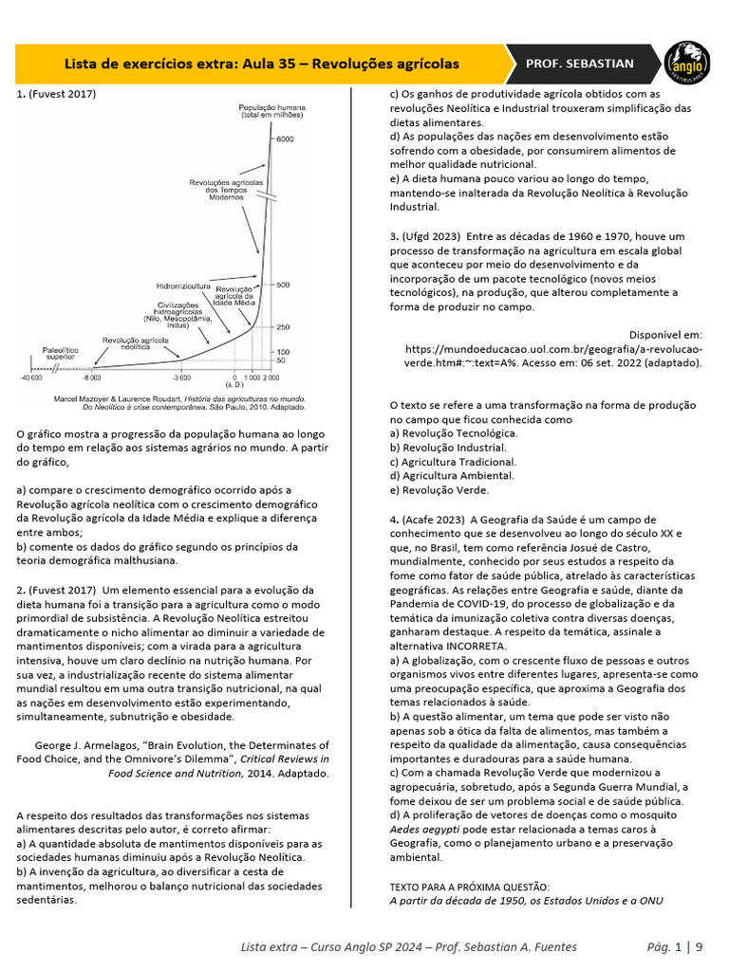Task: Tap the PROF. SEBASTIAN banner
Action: [x=580, y=64]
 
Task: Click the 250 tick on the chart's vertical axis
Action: [x=284, y=327]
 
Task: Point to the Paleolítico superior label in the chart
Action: [x=61, y=353]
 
